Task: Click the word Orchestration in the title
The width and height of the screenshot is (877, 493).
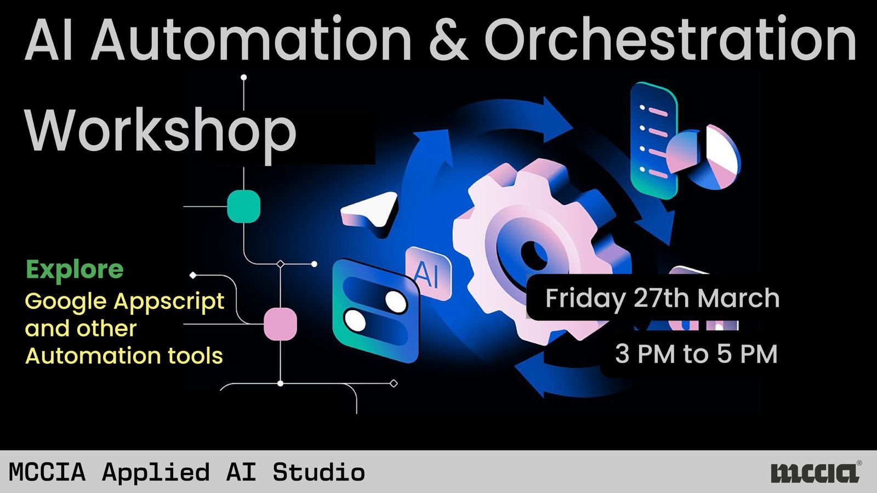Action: (x=670, y=39)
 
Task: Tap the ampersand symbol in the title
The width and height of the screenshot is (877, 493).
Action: (x=449, y=39)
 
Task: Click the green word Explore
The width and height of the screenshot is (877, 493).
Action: (x=75, y=270)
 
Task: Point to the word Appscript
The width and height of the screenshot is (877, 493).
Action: (x=169, y=302)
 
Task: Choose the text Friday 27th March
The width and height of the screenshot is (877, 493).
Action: (x=663, y=298)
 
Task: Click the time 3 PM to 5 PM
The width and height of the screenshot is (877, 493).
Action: (x=696, y=354)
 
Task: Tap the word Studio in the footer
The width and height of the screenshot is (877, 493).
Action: (x=318, y=472)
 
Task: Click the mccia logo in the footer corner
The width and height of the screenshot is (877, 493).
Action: (x=816, y=473)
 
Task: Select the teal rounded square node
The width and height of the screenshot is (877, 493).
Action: (x=243, y=206)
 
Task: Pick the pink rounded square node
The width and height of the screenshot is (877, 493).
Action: (x=280, y=324)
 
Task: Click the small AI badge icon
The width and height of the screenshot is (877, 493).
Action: (x=428, y=273)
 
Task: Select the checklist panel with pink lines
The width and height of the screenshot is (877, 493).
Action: (x=654, y=140)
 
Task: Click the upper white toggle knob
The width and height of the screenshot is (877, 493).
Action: (x=396, y=302)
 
